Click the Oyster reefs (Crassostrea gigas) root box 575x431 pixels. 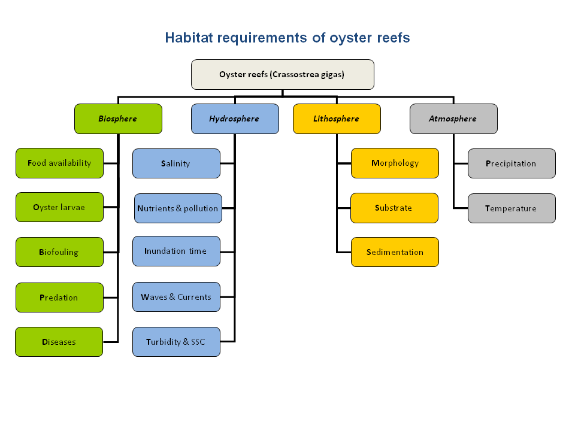282,74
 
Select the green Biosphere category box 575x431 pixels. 118,119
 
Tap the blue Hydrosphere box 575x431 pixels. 235,119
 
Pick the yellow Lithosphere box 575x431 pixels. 337,119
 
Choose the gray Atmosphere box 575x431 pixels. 453,119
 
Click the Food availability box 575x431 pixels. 59,163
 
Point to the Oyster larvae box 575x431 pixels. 59,207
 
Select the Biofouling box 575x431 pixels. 59,252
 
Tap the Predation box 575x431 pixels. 59,298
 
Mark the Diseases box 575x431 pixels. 59,342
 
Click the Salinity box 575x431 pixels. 176,163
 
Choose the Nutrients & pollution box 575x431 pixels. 178,208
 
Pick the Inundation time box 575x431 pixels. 176,251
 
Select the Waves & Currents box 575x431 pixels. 176,297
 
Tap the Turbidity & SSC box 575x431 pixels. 176,342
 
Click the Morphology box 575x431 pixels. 395,163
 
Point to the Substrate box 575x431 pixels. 395,208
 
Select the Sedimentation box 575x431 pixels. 395,252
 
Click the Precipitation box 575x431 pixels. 512,163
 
